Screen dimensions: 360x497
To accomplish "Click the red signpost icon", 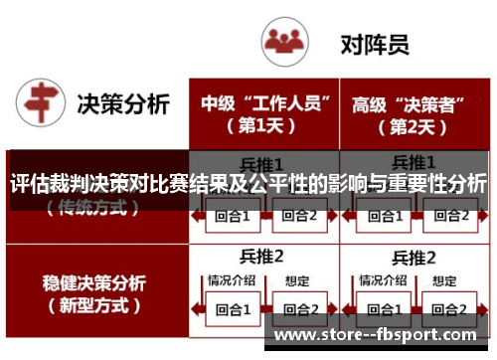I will [x=39, y=104].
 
